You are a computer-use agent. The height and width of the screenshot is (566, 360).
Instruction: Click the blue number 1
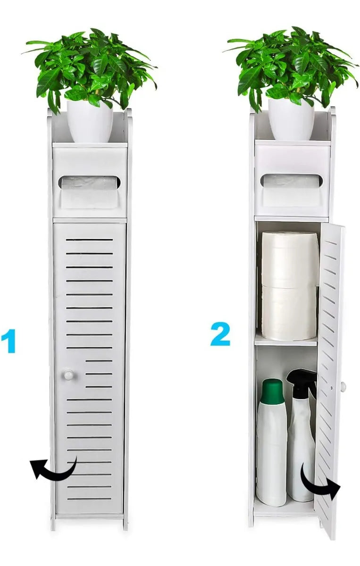click(8, 341)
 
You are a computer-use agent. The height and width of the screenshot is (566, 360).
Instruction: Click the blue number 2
click(221, 334)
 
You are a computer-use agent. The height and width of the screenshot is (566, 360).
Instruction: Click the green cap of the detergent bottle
click(272, 391)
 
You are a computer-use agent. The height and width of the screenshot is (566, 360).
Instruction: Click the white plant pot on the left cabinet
click(90, 122)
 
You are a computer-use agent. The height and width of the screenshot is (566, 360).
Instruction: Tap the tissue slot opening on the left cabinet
click(90, 183)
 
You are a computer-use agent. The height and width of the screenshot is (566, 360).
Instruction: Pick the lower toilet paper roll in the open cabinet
click(289, 312)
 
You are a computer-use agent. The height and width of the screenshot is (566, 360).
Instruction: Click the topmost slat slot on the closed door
click(89, 240)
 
